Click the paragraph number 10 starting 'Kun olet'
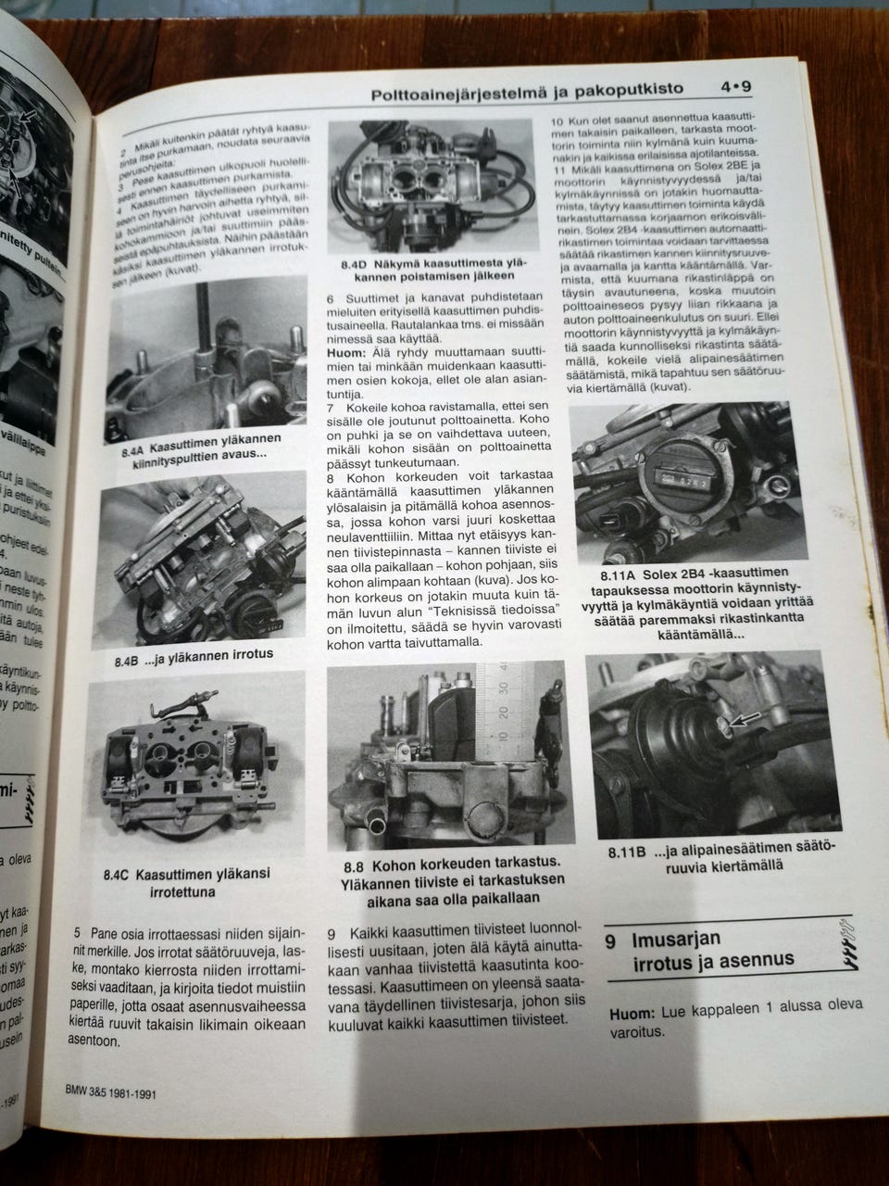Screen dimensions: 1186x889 pos(557,121)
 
